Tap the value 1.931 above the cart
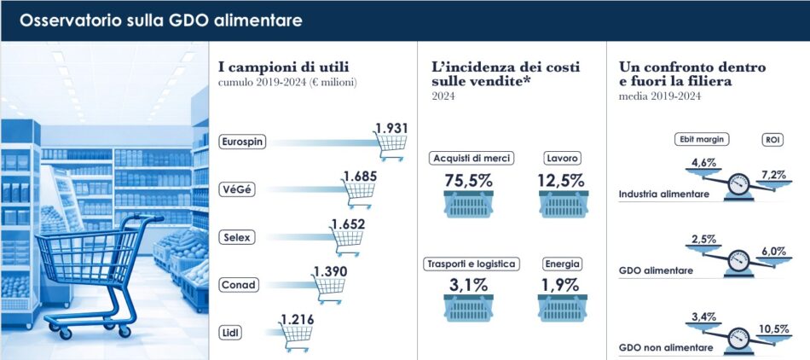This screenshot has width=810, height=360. [x=392, y=129]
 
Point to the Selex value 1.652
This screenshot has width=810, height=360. [x=347, y=225]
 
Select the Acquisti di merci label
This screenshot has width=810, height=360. [x=471, y=159]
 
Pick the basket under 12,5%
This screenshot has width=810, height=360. [x=560, y=205]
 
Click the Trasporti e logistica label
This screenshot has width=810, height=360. [x=471, y=264]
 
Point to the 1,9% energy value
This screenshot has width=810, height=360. [x=560, y=285]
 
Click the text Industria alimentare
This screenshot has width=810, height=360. [x=664, y=195]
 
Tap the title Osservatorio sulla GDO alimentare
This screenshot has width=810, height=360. [x=160, y=20]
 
